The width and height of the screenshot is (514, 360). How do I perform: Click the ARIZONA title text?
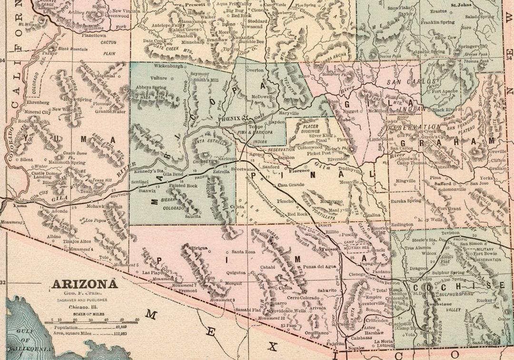click(85, 284)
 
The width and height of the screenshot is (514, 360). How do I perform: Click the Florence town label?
click(299, 170)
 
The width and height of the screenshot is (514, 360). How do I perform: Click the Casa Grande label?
click(289, 185)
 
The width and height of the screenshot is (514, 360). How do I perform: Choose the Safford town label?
click(442, 182)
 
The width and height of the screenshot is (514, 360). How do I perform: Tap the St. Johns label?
click(461, 5)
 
